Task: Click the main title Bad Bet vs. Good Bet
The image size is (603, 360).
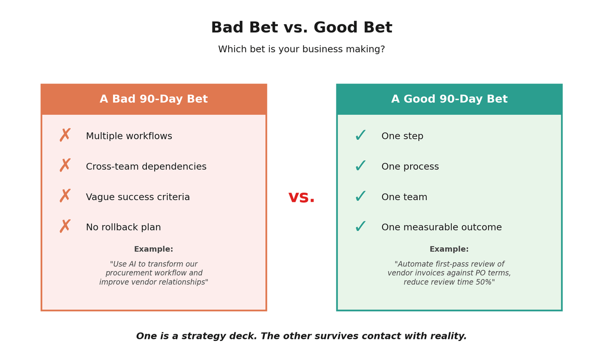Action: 301,28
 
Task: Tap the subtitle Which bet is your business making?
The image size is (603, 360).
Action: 301,50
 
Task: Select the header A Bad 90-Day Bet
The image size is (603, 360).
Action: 154,100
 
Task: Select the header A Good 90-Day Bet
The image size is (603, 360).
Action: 449,100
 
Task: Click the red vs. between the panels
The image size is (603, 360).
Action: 301,197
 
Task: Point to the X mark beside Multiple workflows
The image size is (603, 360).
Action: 65,136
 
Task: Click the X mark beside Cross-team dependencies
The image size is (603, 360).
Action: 65,166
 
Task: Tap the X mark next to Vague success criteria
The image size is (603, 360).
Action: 65,197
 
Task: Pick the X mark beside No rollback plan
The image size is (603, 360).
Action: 65,227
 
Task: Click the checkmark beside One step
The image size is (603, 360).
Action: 361,136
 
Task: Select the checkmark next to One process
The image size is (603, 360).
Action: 361,166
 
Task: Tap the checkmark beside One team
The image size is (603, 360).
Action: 361,197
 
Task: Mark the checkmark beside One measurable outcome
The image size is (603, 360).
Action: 361,227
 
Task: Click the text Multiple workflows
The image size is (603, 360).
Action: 129,136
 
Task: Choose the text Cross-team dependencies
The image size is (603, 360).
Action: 146,167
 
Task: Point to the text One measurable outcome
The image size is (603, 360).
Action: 442,228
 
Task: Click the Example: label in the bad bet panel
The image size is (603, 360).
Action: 154,249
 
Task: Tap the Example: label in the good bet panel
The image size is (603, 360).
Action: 449,249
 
